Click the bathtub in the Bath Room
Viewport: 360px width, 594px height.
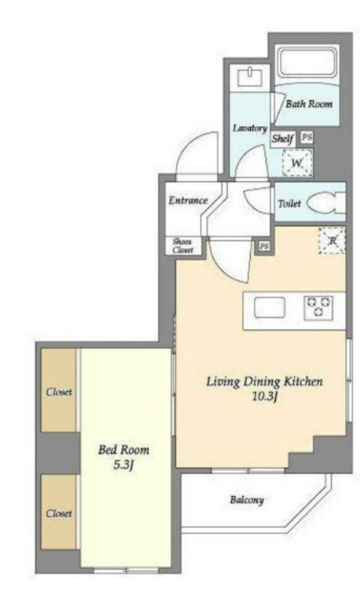pyautogui.click(x=307, y=61)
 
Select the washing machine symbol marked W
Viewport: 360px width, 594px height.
pyautogui.click(x=298, y=163)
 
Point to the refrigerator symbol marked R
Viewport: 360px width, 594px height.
pyautogui.click(x=332, y=240)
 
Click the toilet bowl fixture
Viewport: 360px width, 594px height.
pyautogui.click(x=326, y=203)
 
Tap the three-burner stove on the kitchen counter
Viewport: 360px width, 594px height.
pyautogui.click(x=318, y=307)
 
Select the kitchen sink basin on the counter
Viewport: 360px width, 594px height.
pyautogui.click(x=269, y=307)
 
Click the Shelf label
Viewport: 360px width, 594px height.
pyautogui.click(x=282, y=139)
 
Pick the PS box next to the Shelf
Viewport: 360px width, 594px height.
pyautogui.click(x=307, y=137)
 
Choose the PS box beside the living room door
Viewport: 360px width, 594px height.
pyautogui.click(x=264, y=247)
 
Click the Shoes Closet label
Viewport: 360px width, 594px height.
pyautogui.click(x=183, y=246)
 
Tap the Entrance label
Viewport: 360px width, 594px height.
pyautogui.click(x=188, y=200)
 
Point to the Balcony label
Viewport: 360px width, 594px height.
pyautogui.click(x=247, y=500)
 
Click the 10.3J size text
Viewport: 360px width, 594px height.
pyautogui.click(x=266, y=396)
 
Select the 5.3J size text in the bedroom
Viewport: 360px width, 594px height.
pyautogui.click(x=124, y=465)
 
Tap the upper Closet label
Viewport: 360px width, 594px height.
pyautogui.click(x=59, y=391)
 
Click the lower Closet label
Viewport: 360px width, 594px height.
pyautogui.click(x=59, y=513)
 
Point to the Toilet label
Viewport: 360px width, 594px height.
pyautogui.click(x=289, y=203)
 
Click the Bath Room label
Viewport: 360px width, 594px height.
pyautogui.click(x=309, y=104)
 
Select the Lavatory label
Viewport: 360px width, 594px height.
pyautogui.click(x=250, y=128)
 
